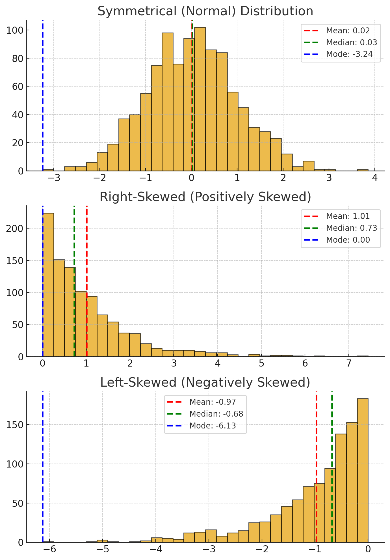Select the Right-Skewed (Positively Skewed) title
pyautogui.click(x=205, y=197)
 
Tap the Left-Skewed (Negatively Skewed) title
pyautogui.click(x=205, y=383)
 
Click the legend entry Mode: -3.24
pyautogui.click(x=349, y=54)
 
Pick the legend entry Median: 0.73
pyautogui.click(x=352, y=228)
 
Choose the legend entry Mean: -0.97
pyautogui.click(x=213, y=402)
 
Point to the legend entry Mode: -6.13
pyautogui.click(x=213, y=426)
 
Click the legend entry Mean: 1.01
pyautogui.click(x=348, y=216)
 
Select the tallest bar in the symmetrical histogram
pyautogui.click(x=200, y=99)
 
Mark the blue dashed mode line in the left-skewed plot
pyautogui.click(x=43, y=467)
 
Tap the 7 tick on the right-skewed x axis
pyautogui.click(x=349, y=364)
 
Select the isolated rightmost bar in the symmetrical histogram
pyautogui.click(x=363, y=170)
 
